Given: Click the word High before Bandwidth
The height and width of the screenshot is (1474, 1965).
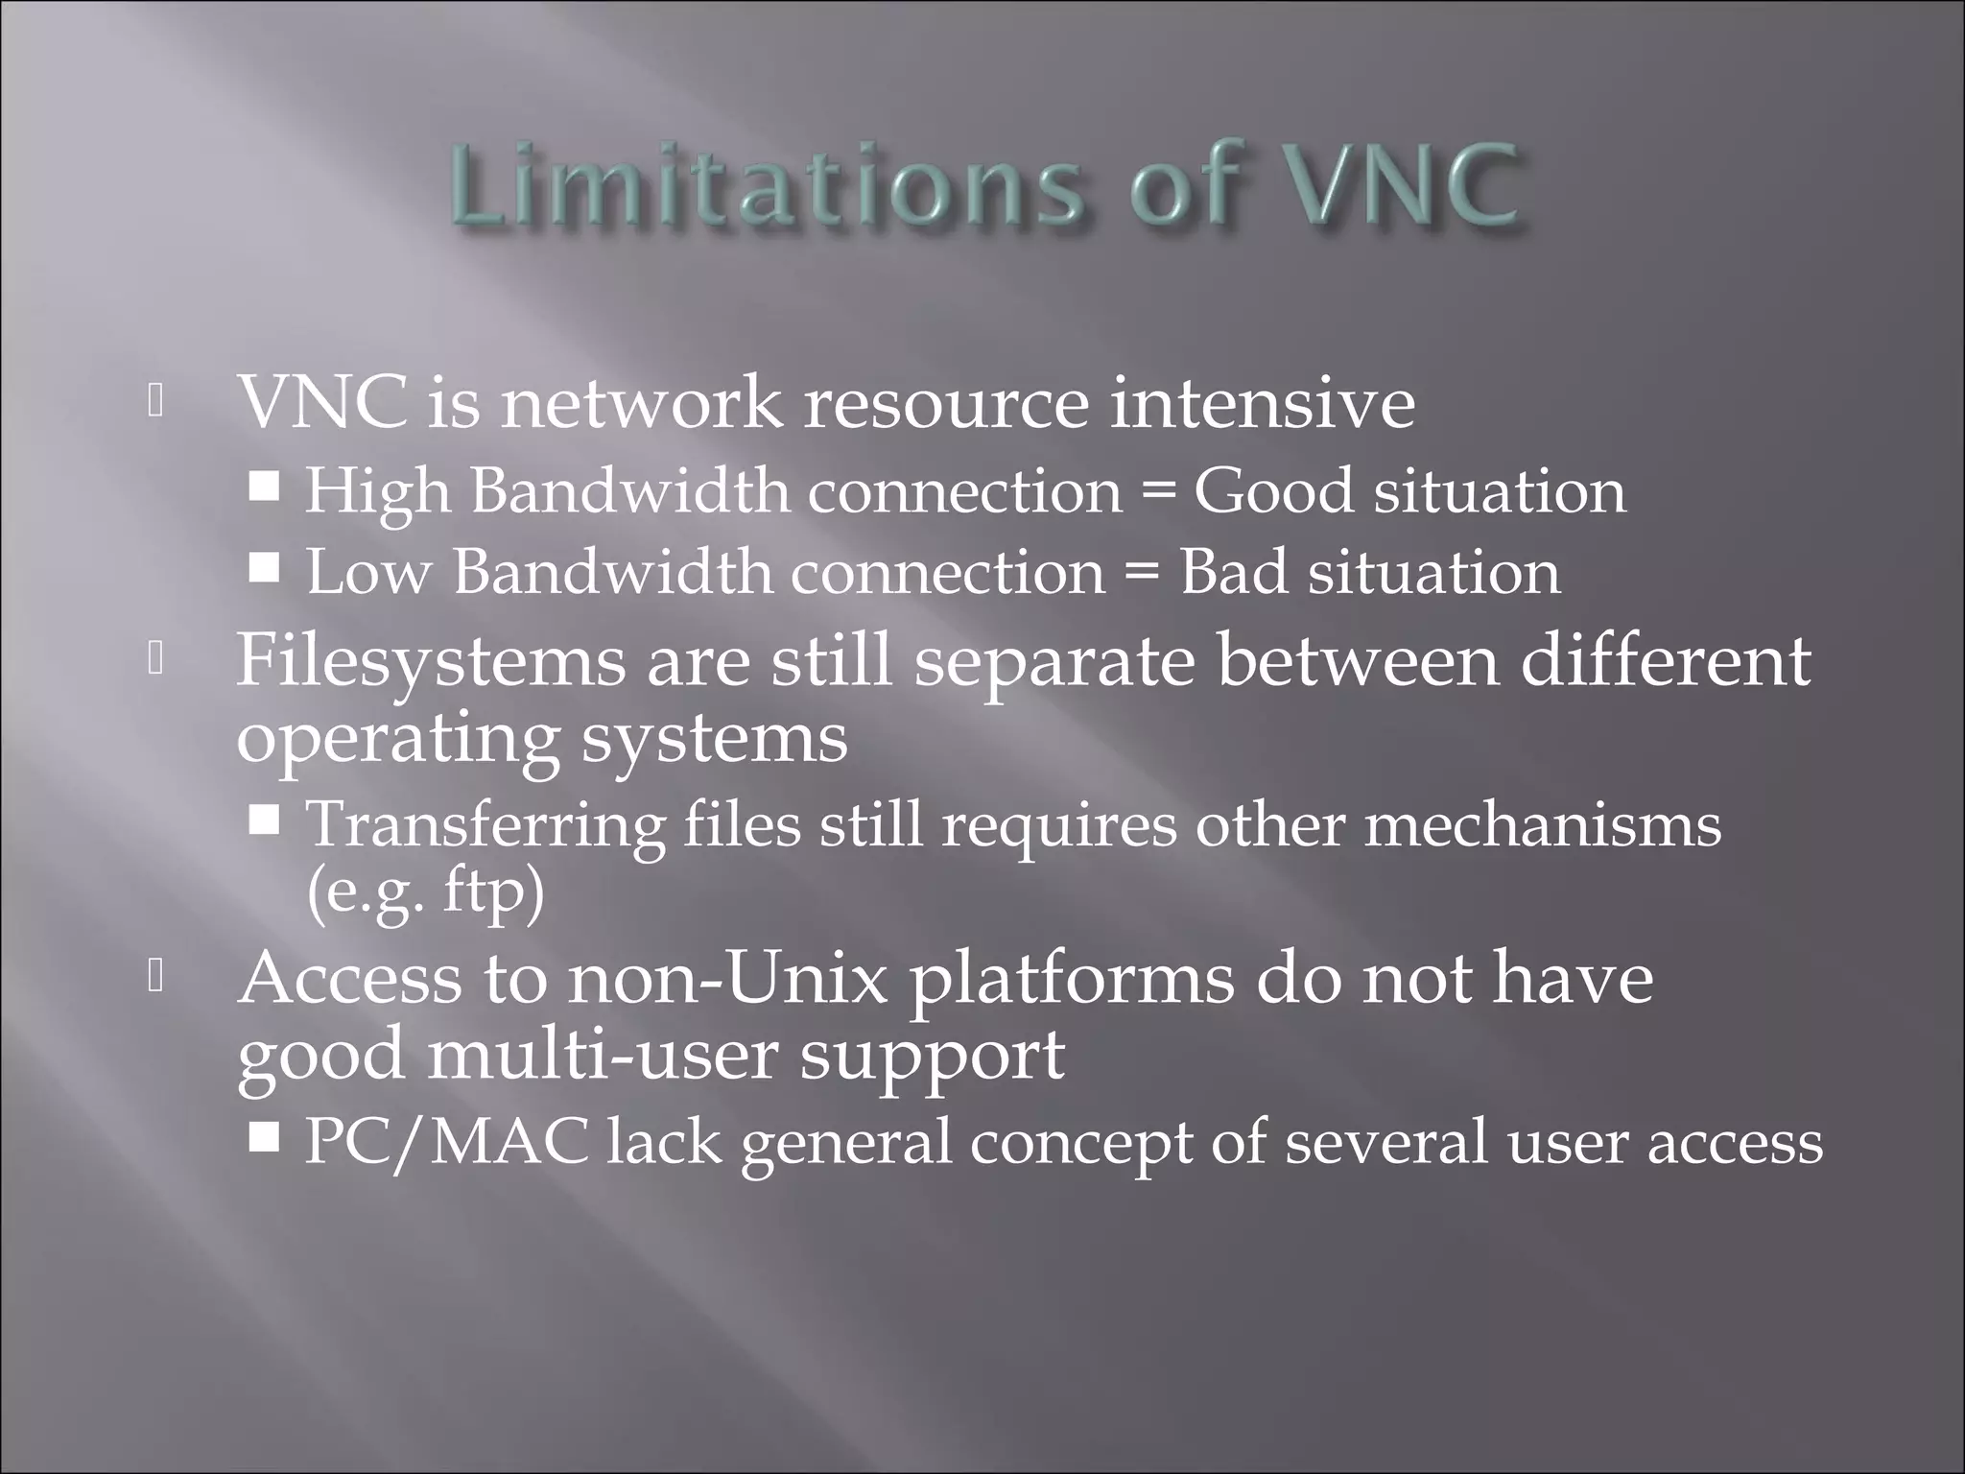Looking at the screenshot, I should pos(377,492).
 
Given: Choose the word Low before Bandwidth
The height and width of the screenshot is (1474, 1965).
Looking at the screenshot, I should pos(368,573).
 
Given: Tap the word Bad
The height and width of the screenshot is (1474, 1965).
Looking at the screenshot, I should pos(1233,573).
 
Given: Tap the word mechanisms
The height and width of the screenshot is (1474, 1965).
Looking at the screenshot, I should pos(1543,825).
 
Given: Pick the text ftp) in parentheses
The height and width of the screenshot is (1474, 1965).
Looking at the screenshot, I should pos(493,894).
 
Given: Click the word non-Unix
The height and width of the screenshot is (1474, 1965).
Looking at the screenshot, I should pos(727,980).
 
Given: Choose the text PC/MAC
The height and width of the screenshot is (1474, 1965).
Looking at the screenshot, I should pos(447,1142).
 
